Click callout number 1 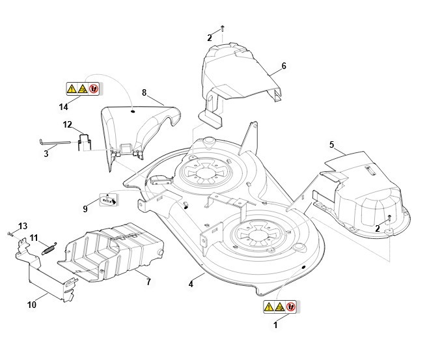[x=275, y=324]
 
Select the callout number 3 [x=46, y=154]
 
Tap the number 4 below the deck [x=191, y=284]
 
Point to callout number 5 [x=332, y=144]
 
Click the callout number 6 [x=284, y=66]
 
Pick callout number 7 [x=148, y=282]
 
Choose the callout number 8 [x=144, y=93]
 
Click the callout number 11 [x=34, y=237]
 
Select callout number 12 [x=68, y=124]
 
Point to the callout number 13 [x=23, y=225]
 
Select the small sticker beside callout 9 [x=109, y=199]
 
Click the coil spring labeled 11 [x=49, y=247]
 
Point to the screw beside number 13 [x=10, y=232]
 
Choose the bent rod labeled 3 [x=54, y=143]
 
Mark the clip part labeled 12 [x=84, y=141]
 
